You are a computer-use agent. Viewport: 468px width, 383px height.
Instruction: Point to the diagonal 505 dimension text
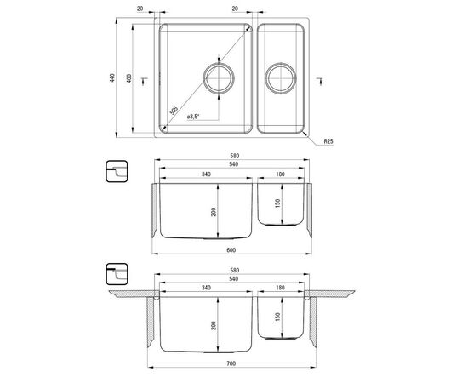(174, 109)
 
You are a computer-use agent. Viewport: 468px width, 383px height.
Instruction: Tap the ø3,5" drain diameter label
(193, 117)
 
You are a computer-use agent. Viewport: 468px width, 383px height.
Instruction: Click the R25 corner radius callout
(328, 141)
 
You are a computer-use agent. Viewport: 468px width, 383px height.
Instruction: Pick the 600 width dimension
(232, 249)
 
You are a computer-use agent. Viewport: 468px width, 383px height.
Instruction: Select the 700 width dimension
(232, 366)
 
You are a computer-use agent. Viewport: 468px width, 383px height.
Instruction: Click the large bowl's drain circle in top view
(219, 79)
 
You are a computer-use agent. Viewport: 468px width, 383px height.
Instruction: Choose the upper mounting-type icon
(115, 170)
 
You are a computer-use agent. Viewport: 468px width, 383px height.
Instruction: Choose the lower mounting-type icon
(115, 274)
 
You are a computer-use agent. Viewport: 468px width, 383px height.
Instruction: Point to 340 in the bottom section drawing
(206, 289)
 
